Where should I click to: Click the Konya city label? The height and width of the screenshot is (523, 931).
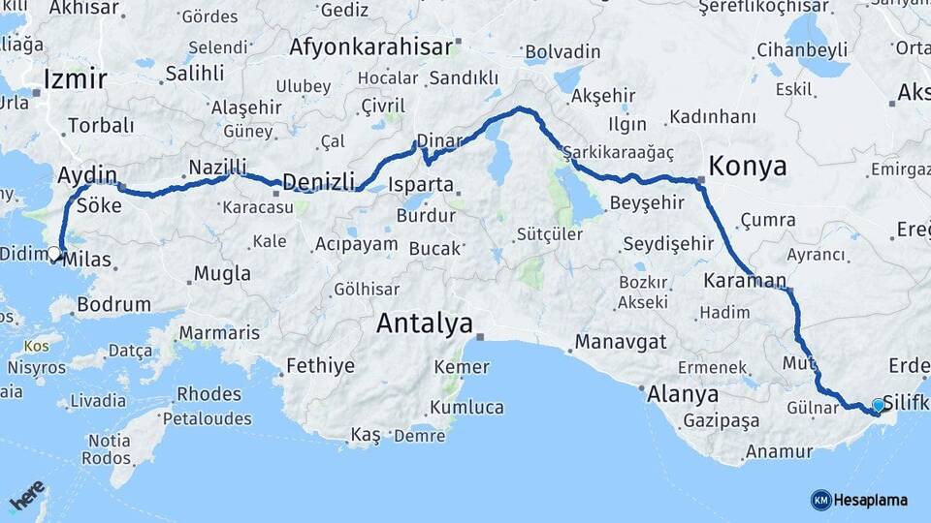tap(747, 166)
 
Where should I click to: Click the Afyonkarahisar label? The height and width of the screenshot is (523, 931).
tap(370, 46)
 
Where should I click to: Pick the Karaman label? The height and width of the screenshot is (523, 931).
tap(744, 281)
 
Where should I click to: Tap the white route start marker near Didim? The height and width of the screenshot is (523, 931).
tap(54, 254)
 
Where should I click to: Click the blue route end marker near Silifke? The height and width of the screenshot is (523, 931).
tap(878, 405)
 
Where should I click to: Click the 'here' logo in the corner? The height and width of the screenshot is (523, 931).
tap(27, 495)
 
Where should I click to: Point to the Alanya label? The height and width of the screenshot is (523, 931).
tap(685, 394)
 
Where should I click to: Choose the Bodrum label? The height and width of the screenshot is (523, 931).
tap(113, 304)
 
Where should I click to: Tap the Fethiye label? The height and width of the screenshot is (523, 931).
tap(320, 366)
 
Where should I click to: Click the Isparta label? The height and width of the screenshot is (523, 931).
tap(420, 184)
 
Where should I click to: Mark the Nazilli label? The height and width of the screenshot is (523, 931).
tap(218, 166)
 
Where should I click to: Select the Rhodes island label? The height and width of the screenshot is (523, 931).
tap(209, 394)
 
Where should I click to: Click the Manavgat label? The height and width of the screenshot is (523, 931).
tap(621, 342)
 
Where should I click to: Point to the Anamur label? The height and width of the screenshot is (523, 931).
tap(779, 451)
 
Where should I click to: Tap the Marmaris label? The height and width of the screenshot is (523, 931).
tap(218, 333)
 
